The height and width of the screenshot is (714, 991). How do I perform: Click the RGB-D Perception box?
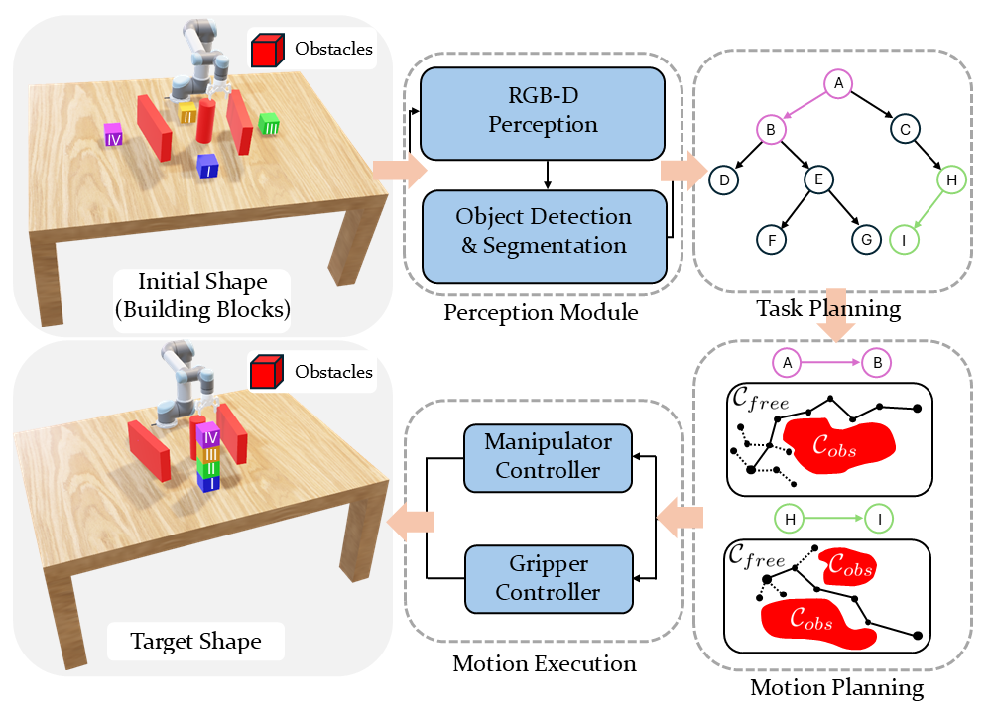click(x=543, y=112)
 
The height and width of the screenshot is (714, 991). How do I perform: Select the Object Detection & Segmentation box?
click(x=543, y=231)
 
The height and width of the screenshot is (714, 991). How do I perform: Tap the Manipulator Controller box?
click(x=548, y=455)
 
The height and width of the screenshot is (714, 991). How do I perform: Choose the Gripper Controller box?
click(x=548, y=578)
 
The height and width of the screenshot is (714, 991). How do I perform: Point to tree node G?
click(x=866, y=239)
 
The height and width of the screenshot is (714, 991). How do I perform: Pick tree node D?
click(x=724, y=179)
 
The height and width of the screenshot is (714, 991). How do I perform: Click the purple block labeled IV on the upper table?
click(x=114, y=136)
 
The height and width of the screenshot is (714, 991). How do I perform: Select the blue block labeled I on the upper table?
click(x=206, y=167)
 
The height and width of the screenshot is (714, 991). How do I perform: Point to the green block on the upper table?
click(x=268, y=124)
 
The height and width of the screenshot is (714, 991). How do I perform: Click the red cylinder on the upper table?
click(x=206, y=120)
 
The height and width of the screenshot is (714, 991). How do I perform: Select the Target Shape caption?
click(x=195, y=641)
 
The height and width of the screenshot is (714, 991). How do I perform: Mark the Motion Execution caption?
click(x=544, y=663)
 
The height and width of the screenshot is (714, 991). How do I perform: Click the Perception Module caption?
click(x=541, y=313)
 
